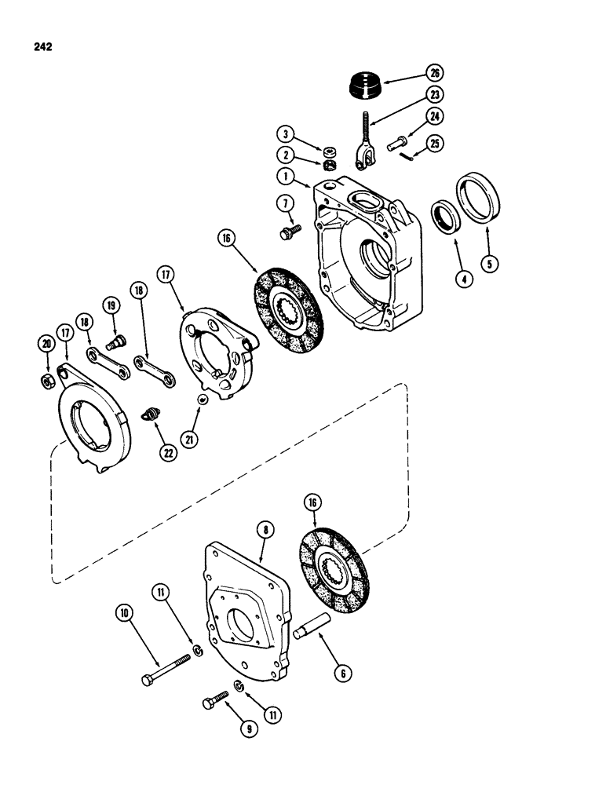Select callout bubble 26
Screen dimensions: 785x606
click(435, 73)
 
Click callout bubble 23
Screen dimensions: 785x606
click(435, 94)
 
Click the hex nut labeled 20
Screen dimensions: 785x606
click(46, 381)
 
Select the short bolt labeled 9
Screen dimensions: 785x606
click(215, 699)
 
